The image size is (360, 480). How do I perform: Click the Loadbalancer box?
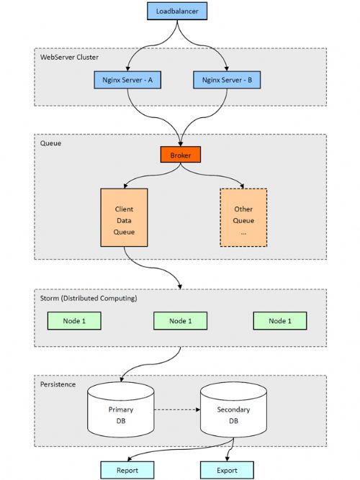click(x=177, y=11)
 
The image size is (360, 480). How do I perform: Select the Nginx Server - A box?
click(x=127, y=80)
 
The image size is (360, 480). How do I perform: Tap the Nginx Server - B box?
click(x=227, y=80)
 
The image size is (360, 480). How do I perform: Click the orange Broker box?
click(x=181, y=155)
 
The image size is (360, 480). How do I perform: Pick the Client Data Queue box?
click(x=124, y=217)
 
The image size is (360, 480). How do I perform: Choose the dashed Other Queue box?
click(x=243, y=217)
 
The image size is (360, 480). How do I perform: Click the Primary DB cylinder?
click(x=121, y=409)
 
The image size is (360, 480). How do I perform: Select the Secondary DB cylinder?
click(x=233, y=409)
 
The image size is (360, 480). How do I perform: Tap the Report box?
click(x=127, y=470)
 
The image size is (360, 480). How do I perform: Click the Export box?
click(x=227, y=470)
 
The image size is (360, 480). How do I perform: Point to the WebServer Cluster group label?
click(x=70, y=58)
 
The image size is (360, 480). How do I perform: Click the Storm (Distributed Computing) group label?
click(x=89, y=298)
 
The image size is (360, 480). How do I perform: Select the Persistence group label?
click(x=58, y=384)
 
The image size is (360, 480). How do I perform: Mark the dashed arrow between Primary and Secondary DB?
click(x=177, y=409)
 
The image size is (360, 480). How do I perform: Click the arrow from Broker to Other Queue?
click(x=215, y=176)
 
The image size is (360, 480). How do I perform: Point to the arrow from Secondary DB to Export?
click(x=230, y=450)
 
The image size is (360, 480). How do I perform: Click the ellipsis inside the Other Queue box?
click(x=243, y=233)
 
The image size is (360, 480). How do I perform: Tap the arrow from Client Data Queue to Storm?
click(x=152, y=268)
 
